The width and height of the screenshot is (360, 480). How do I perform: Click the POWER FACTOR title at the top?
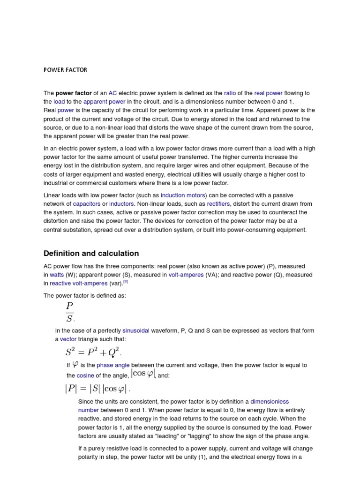point(65,70)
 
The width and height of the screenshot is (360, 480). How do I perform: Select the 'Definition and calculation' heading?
point(91,253)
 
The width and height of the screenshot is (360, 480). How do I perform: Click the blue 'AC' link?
point(112,93)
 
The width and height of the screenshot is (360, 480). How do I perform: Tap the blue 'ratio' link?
point(230,93)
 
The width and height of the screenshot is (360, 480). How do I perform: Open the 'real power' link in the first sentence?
point(269,93)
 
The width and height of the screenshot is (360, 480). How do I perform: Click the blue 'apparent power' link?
point(104,101)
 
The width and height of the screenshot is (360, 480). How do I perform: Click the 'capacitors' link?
point(87,204)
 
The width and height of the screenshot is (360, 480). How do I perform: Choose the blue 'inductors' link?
point(121,204)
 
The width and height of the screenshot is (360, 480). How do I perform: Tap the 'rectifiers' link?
point(218,204)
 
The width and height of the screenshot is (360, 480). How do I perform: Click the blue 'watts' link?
point(57,275)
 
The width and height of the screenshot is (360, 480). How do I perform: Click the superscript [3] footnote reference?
point(126,282)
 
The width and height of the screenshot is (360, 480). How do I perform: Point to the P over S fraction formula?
point(70,313)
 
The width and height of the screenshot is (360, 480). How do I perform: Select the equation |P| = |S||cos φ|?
point(97,388)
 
